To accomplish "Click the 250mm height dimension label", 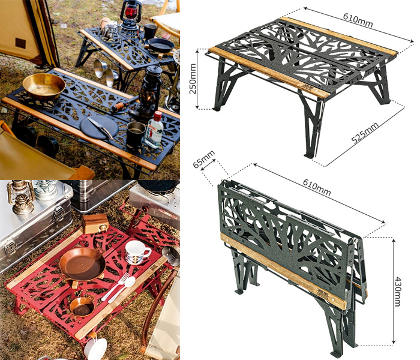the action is tap(193, 79).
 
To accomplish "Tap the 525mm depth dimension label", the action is tap(365, 133).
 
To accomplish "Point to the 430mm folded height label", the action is tap(398, 291).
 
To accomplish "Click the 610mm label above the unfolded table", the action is tap(358, 20).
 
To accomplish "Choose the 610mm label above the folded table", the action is tap(317, 187).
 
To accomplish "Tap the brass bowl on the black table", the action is tap(44, 86).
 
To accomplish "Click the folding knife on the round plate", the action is tap(101, 128).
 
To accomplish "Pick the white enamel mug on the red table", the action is tap(136, 252).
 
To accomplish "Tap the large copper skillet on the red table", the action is tap(82, 265).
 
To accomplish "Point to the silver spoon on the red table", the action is tap(122, 290).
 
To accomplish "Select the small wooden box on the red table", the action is tap(95, 223).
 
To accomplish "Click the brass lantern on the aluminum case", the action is tap(20, 197).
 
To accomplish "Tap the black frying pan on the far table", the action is tap(160, 46).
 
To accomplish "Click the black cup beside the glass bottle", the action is tap(136, 134).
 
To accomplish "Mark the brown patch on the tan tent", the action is tap(20, 43).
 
